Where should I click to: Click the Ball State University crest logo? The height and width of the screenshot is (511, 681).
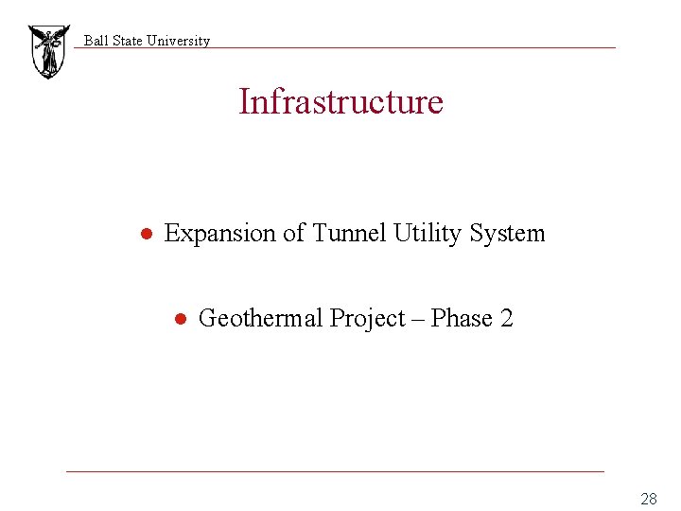click(x=48, y=51)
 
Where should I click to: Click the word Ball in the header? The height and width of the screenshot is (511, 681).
click(x=96, y=41)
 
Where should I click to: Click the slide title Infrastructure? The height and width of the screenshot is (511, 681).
click(x=340, y=101)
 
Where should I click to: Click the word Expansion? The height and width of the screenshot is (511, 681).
click(x=220, y=233)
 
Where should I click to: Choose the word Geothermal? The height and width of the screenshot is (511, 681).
click(x=261, y=319)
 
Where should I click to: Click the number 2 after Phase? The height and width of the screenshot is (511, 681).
click(x=506, y=319)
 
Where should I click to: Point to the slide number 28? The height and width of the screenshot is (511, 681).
click(x=648, y=499)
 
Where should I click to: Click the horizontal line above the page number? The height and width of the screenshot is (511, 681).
click(x=335, y=470)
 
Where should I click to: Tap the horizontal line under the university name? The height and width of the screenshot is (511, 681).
click(x=378, y=48)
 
